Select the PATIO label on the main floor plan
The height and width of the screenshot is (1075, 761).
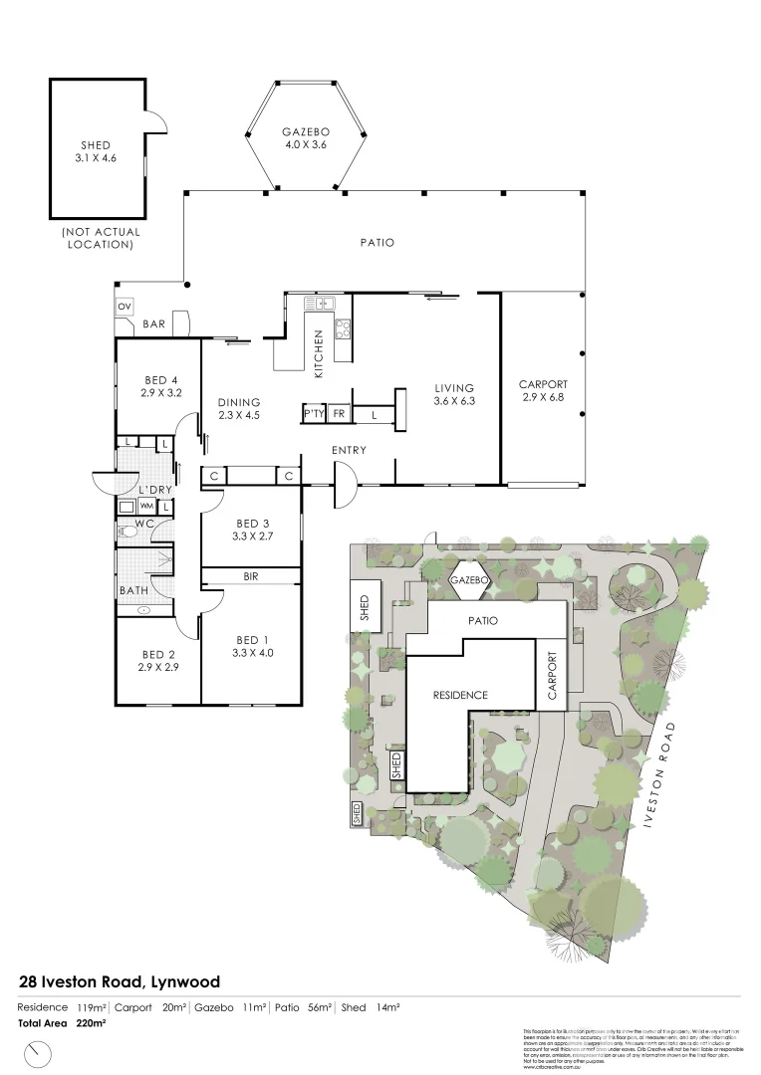point(378,242)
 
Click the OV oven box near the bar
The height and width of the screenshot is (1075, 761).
point(125,307)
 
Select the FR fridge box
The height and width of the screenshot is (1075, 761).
point(339,413)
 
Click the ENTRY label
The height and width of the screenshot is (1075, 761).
point(349,450)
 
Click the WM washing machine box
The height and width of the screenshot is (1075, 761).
point(146,507)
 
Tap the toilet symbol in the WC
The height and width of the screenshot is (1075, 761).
point(127,532)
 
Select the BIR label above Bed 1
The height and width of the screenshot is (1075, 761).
point(250,575)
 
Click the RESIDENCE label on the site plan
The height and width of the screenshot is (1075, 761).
point(459,695)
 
